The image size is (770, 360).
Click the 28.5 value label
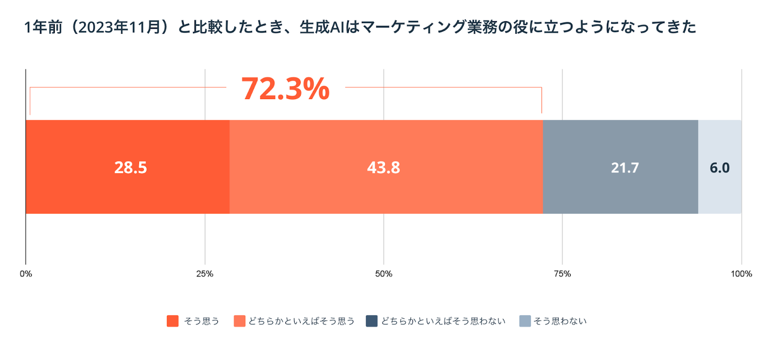click(x=130, y=167)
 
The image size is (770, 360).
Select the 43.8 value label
click(x=384, y=167)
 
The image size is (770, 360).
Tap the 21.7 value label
click(x=625, y=167)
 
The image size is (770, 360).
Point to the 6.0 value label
click(x=719, y=167)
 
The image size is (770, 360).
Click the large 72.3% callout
click(x=285, y=89)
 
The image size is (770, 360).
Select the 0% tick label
click(x=26, y=274)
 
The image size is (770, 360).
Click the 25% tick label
click(x=205, y=274)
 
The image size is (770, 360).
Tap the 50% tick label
click(x=384, y=274)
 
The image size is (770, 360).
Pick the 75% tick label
click(x=562, y=274)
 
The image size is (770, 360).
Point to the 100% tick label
click(x=741, y=274)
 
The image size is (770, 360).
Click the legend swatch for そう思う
click(x=173, y=321)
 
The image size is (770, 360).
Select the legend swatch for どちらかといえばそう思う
click(x=239, y=321)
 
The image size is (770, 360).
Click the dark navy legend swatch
click(x=372, y=321)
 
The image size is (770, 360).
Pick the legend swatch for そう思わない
click(x=525, y=321)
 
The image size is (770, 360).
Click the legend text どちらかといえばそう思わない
click(x=443, y=321)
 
